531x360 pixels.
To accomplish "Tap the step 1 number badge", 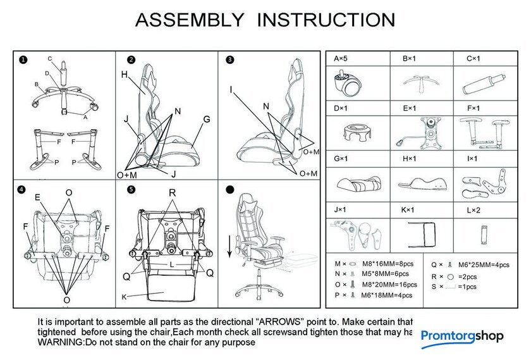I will point(23,60).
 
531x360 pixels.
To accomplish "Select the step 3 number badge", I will point(229,60).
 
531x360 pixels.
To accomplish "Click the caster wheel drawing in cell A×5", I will point(348,83).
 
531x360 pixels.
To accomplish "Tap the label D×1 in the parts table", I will point(341,108).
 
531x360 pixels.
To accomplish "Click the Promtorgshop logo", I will point(462,337).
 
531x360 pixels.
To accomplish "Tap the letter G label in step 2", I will point(207,119).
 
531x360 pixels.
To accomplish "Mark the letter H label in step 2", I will point(125,75).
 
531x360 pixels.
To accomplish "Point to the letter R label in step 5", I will point(172,192).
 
